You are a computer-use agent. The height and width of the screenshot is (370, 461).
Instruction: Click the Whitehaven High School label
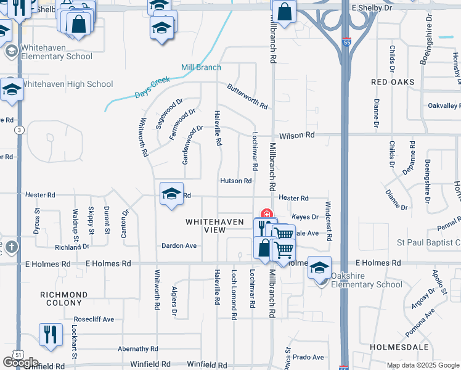[67, 84]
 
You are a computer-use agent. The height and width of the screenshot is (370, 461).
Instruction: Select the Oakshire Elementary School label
[366, 280]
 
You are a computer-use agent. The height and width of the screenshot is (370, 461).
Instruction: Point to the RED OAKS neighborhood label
[393, 82]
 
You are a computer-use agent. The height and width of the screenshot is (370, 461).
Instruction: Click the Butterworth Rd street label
[247, 96]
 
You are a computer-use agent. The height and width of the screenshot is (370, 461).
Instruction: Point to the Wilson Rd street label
[296, 135]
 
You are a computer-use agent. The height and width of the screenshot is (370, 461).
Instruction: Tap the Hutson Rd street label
[236, 181]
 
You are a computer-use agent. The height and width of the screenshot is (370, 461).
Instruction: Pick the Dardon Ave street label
[179, 245]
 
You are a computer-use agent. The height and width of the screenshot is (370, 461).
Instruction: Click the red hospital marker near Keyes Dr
[267, 214]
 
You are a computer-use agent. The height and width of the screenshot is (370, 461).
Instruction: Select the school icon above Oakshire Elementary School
[319, 267]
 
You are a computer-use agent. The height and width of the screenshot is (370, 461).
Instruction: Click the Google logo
[21, 363]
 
